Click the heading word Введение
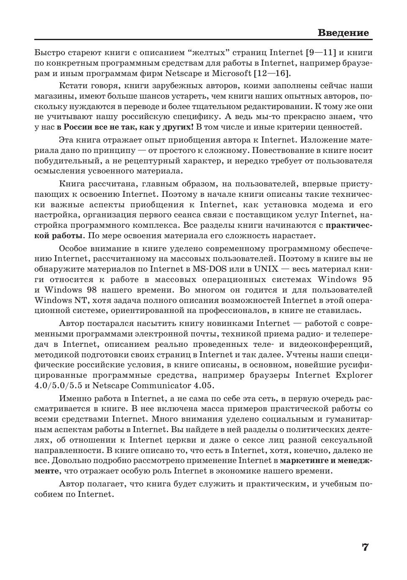point(343,33)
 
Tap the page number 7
point(365,547)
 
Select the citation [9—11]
point(321,53)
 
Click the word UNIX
point(266,269)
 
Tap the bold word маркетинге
point(303,460)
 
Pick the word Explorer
point(353,375)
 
